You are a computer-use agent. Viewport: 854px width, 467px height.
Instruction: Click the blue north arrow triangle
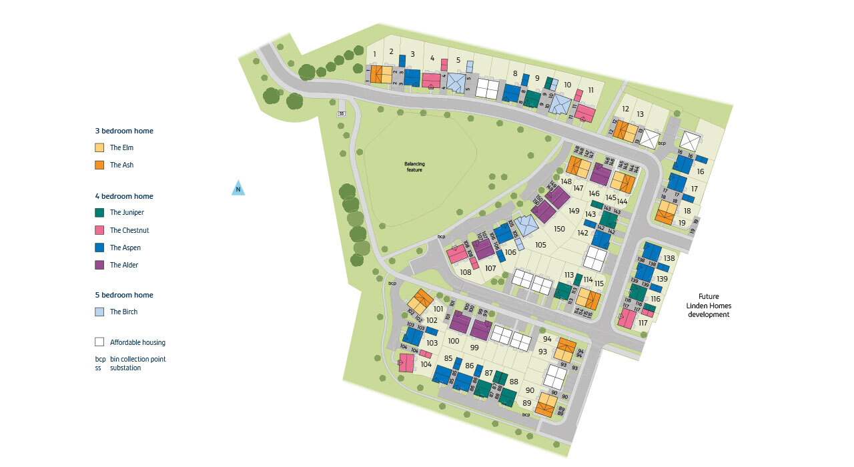238,189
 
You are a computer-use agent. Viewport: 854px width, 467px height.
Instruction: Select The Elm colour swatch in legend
99,147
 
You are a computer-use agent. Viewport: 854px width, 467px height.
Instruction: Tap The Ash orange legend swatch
99,165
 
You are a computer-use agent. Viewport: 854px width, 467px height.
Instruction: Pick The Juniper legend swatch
99,213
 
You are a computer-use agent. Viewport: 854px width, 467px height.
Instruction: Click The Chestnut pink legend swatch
99,230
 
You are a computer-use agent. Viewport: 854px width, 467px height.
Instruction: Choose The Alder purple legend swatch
99,265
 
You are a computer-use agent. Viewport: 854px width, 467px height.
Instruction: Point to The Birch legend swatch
99,312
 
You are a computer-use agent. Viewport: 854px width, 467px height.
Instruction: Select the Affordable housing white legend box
99,342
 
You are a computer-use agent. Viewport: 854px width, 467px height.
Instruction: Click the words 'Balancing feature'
414,167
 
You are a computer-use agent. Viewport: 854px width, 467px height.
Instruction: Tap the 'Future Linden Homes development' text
709,306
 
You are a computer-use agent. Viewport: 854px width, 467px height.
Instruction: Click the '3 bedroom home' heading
124,131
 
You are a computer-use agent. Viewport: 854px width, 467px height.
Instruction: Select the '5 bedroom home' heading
124,295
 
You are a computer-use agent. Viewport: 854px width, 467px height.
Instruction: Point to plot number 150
559,229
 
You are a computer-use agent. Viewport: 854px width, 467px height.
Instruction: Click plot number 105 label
540,245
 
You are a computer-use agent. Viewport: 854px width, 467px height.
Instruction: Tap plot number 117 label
643,323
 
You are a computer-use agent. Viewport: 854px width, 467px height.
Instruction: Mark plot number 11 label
591,90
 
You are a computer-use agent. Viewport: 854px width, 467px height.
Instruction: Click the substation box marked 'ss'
342,113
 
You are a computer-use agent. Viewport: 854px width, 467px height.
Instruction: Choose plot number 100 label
454,341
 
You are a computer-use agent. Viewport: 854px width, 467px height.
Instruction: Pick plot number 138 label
669,258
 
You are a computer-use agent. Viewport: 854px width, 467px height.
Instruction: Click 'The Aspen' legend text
125,248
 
